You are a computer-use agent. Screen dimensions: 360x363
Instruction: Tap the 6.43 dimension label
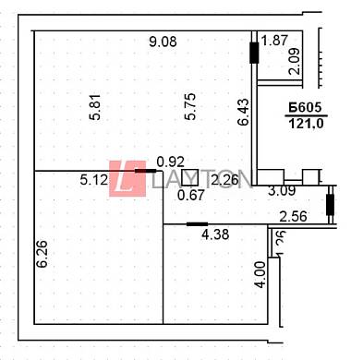[243, 112]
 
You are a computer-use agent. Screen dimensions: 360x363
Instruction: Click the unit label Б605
[304, 109]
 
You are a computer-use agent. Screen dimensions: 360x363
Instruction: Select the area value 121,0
[304, 125]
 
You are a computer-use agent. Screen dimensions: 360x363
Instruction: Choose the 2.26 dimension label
[225, 180]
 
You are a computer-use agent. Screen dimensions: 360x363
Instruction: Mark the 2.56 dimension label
[293, 217]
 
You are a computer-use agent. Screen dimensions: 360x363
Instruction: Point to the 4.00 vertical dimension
[260, 275]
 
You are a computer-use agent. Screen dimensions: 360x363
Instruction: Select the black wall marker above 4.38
[196, 223]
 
